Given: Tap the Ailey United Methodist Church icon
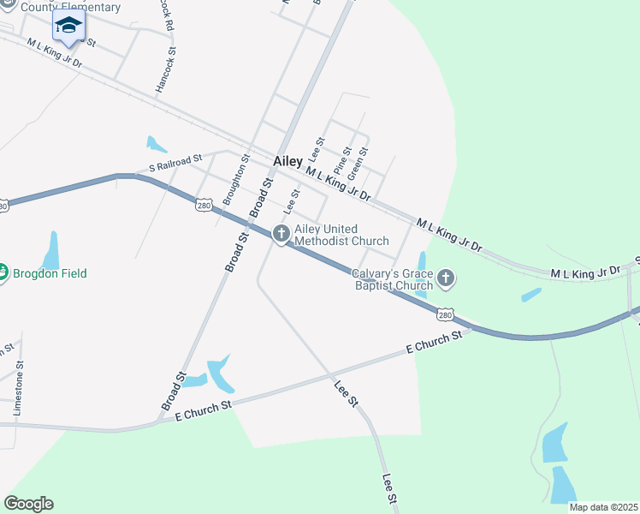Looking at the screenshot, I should click(x=281, y=233).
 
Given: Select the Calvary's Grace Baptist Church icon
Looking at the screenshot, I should click(x=446, y=278).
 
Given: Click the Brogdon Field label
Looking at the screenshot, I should click(x=49, y=273).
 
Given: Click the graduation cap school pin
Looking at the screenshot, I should click(x=68, y=26).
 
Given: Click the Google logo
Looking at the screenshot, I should click(x=28, y=504).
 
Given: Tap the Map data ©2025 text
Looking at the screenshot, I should click(x=603, y=507).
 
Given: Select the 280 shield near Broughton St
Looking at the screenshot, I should click(x=203, y=206).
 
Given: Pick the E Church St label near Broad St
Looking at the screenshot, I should click(x=204, y=410).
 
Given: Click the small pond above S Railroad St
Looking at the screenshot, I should click(x=156, y=144).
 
